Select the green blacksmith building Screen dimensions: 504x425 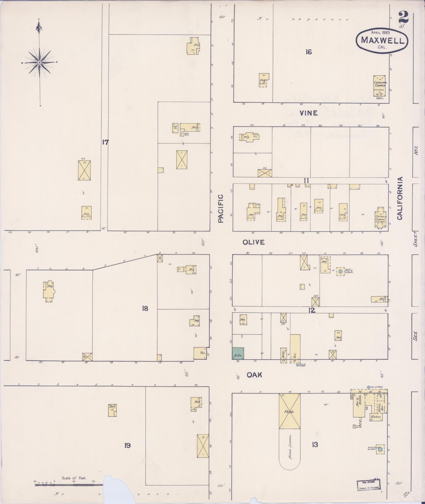238,353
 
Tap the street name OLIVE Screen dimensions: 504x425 253,242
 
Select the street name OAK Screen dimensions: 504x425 254,375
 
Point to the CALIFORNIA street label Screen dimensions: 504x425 400,198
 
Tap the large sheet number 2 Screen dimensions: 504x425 403,18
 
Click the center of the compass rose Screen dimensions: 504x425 39,62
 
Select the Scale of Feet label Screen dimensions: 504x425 74,478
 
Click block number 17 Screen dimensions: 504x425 105,142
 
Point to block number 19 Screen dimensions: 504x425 128,445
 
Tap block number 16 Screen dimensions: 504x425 309,52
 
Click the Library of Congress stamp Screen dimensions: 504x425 369,485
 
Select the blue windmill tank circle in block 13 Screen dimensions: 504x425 380,449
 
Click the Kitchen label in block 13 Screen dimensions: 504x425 376,417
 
